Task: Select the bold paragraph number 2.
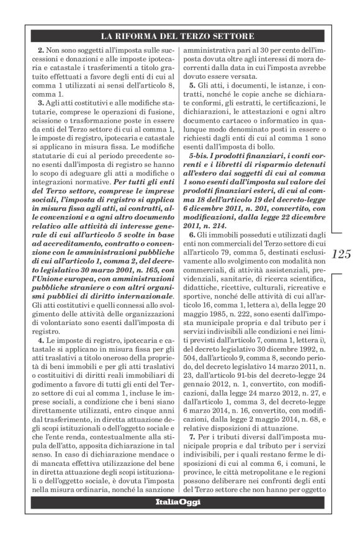pyautogui.click(x=41, y=48)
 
